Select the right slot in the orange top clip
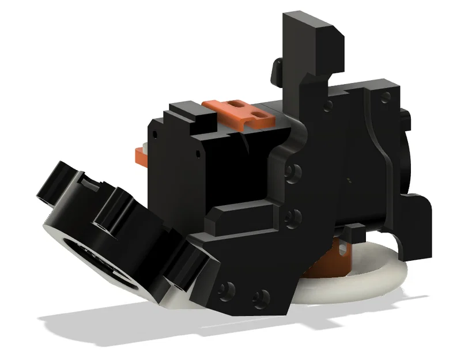pyautogui.click(x=261, y=113)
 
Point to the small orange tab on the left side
pyautogui.click(x=140, y=153)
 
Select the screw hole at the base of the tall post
pyautogui.click(x=327, y=106)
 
